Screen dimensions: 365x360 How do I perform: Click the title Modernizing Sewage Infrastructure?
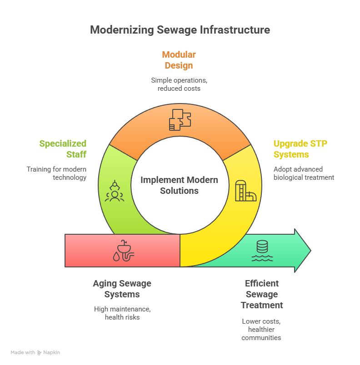[x=180, y=30]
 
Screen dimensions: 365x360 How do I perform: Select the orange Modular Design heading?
[x=179, y=60]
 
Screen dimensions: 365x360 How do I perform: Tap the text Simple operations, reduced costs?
[x=179, y=84]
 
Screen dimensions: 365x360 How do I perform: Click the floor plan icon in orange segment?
[x=180, y=119]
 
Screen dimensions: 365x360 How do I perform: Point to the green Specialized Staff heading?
[x=63, y=149]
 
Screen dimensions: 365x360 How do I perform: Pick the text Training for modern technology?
[x=56, y=173]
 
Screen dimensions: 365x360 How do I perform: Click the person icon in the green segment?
[x=114, y=191]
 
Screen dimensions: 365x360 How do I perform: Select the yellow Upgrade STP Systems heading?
[x=300, y=149]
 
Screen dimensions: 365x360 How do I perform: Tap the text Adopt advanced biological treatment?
[x=303, y=173]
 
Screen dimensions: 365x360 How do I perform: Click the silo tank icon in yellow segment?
[x=245, y=191]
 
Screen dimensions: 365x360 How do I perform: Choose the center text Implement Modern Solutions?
[x=179, y=185]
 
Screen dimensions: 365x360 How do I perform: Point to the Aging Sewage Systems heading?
[x=122, y=289]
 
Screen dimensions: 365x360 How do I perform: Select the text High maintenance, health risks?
[x=122, y=313]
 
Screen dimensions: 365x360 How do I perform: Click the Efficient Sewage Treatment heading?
[x=262, y=294]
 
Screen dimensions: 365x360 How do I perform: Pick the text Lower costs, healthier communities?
[x=261, y=329]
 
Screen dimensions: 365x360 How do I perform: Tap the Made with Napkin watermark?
[x=35, y=352]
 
